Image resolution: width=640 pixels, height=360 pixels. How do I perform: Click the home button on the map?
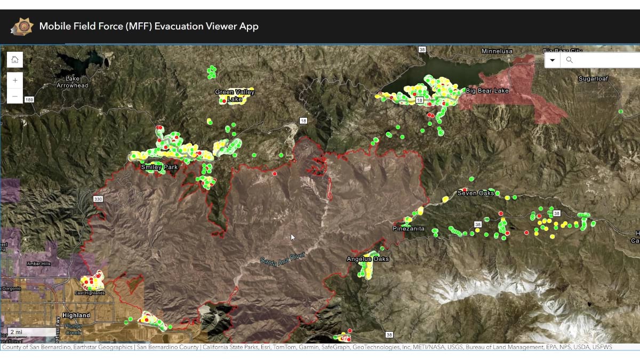coord(15,60)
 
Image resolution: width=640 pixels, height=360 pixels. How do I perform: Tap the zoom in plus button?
coord(15,81)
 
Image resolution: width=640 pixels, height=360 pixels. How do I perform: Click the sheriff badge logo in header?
coord(21,26)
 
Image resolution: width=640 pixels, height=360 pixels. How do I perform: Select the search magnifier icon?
coord(569,60)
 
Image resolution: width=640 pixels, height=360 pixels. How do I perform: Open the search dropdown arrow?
coord(553,60)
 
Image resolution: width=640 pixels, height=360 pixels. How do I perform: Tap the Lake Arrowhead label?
coord(73,82)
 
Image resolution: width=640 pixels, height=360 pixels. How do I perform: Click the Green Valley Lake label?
coord(235,95)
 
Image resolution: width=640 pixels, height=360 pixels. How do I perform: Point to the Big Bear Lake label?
coord(487,91)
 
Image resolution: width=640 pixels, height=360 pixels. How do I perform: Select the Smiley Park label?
coord(159,167)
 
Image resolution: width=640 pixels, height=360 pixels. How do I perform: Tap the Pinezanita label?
coord(409,229)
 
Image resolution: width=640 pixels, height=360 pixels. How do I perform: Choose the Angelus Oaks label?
coord(367,259)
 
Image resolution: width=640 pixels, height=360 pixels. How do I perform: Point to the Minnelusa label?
coord(497,51)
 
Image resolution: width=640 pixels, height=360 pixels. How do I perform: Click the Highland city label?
coord(76,315)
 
